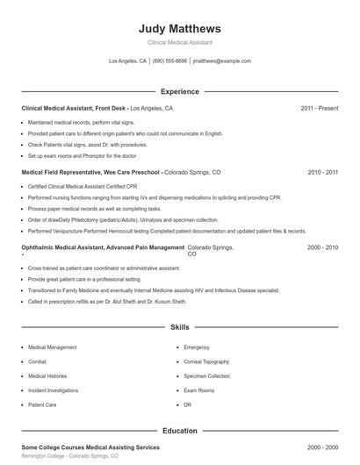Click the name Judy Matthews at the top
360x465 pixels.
[x=179, y=28]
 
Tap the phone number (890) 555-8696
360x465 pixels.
[x=169, y=61]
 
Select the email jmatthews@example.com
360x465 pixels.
[x=221, y=61]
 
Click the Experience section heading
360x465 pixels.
[x=179, y=91]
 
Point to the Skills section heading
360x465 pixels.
[x=179, y=327]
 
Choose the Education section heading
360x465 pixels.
[x=179, y=431]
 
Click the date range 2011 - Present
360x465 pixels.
[x=319, y=108]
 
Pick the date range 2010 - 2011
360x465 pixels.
[x=322, y=173]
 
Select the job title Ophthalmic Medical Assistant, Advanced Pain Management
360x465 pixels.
[x=103, y=247]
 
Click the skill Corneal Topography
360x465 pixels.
[x=206, y=361]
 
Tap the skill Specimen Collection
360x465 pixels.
[x=206, y=376]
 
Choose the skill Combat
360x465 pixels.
[x=37, y=361]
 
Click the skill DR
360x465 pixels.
[x=188, y=405]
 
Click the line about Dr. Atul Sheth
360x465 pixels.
[x=107, y=301]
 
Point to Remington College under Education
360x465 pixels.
[x=69, y=456]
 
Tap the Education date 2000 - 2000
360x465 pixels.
[x=322, y=447]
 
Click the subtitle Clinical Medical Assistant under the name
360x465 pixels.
[x=179, y=42]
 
